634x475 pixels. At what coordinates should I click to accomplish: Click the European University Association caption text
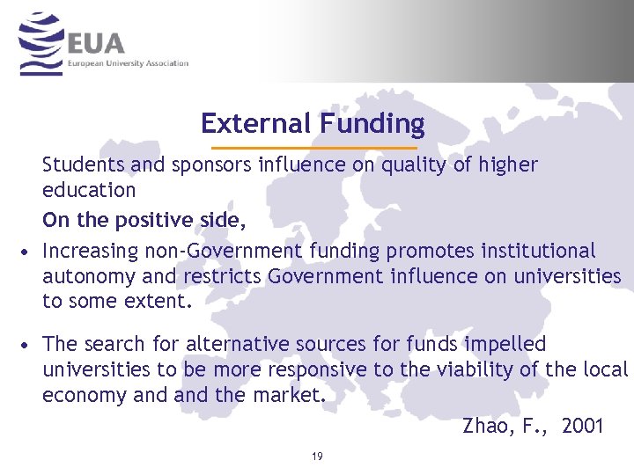[129, 63]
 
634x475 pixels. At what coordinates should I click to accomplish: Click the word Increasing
[88, 251]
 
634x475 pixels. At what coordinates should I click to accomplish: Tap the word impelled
[506, 343]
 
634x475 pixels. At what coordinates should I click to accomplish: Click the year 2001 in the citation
[582, 427]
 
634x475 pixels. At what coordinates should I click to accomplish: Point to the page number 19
[316, 457]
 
